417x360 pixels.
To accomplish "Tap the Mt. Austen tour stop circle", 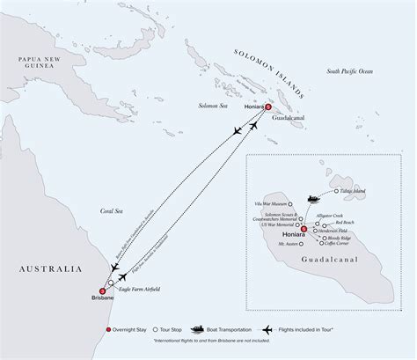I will [302, 254].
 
